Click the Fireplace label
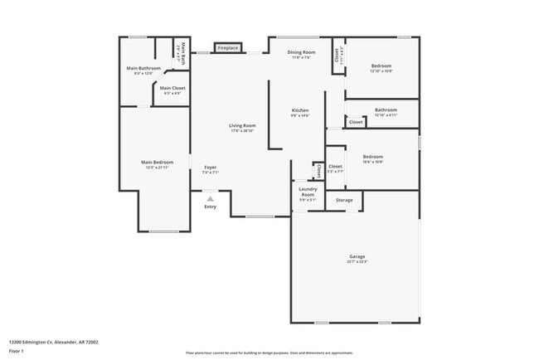[228, 48]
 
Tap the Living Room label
[242, 125]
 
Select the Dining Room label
[301, 52]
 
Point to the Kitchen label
[300, 110]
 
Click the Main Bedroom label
[157, 162]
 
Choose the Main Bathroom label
[143, 68]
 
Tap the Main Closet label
[173, 88]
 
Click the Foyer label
[211, 168]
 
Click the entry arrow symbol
[211, 199]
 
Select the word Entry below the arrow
[211, 207]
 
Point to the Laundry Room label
[308, 192]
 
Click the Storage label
[344, 200]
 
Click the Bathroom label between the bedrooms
[386, 109]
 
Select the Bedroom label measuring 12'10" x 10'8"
[381, 66]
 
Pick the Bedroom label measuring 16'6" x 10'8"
[373, 156]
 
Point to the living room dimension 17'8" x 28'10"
[242, 131]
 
